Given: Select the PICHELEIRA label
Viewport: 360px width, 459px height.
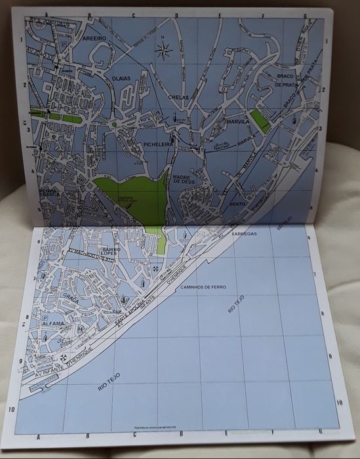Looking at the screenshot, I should point(154,142).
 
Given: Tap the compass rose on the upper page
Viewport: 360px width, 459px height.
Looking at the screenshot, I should point(165,48).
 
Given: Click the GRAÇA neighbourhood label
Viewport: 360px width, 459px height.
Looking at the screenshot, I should point(71,300).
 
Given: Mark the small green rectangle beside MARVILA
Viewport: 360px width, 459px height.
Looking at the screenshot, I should point(261,120).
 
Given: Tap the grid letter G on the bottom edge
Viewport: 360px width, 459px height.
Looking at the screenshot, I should point(317,431).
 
